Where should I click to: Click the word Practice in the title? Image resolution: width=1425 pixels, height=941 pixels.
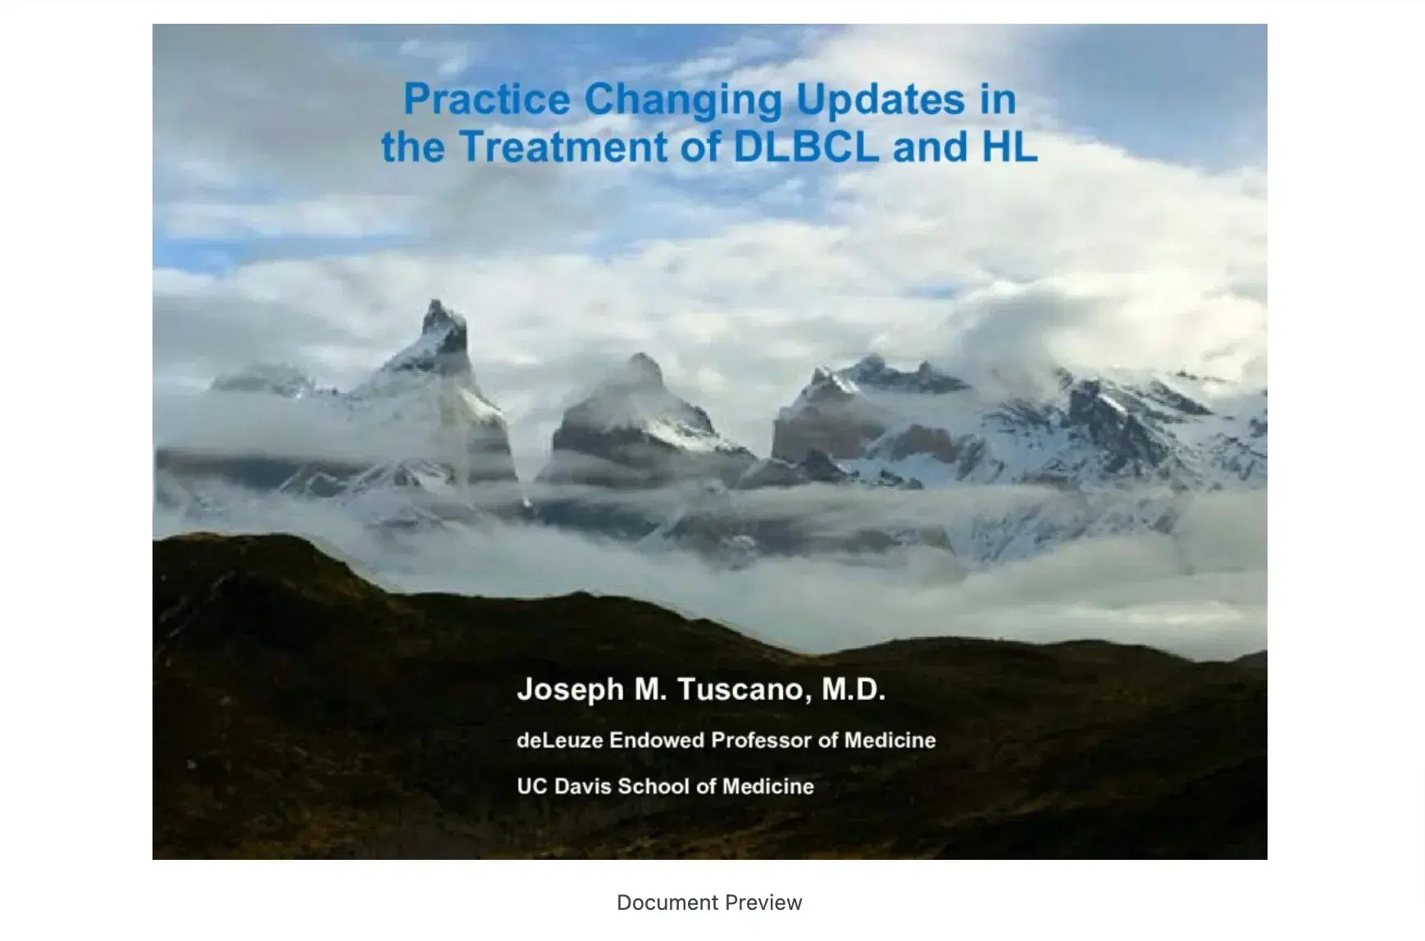click(x=486, y=100)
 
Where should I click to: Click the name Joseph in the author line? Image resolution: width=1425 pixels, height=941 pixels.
click(x=570, y=689)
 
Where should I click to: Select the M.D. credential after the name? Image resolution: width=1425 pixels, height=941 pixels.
click(x=854, y=689)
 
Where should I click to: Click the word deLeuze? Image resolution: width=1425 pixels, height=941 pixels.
click(x=560, y=740)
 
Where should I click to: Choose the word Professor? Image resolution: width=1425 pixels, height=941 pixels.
click(x=761, y=740)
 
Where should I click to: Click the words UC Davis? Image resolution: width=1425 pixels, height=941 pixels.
click(x=564, y=786)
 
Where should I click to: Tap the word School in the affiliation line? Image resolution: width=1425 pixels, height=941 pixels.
click(x=653, y=786)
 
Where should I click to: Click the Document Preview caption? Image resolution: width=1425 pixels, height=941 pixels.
click(x=709, y=902)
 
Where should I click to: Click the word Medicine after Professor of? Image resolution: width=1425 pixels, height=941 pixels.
click(x=890, y=740)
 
